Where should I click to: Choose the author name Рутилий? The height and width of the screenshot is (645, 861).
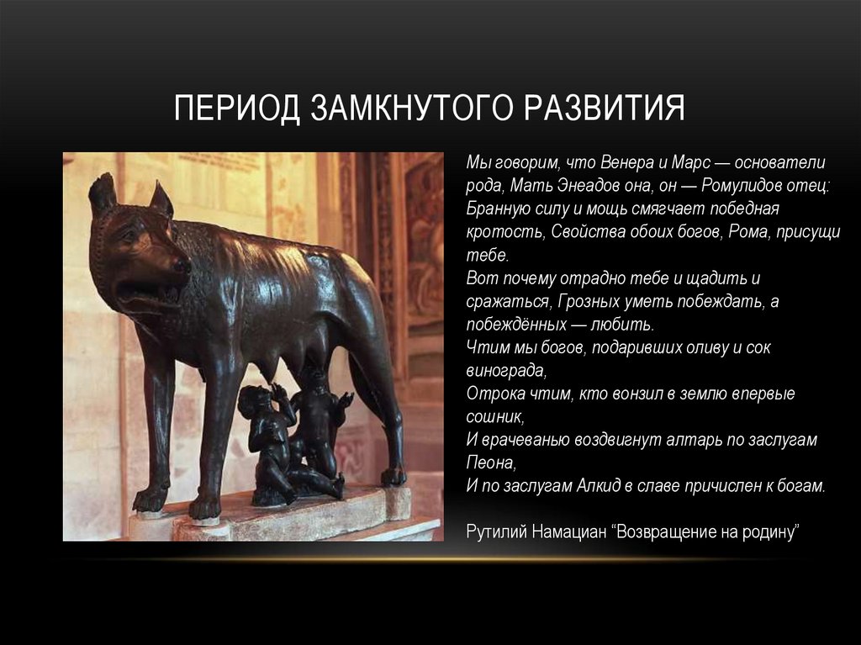[x=494, y=532]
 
